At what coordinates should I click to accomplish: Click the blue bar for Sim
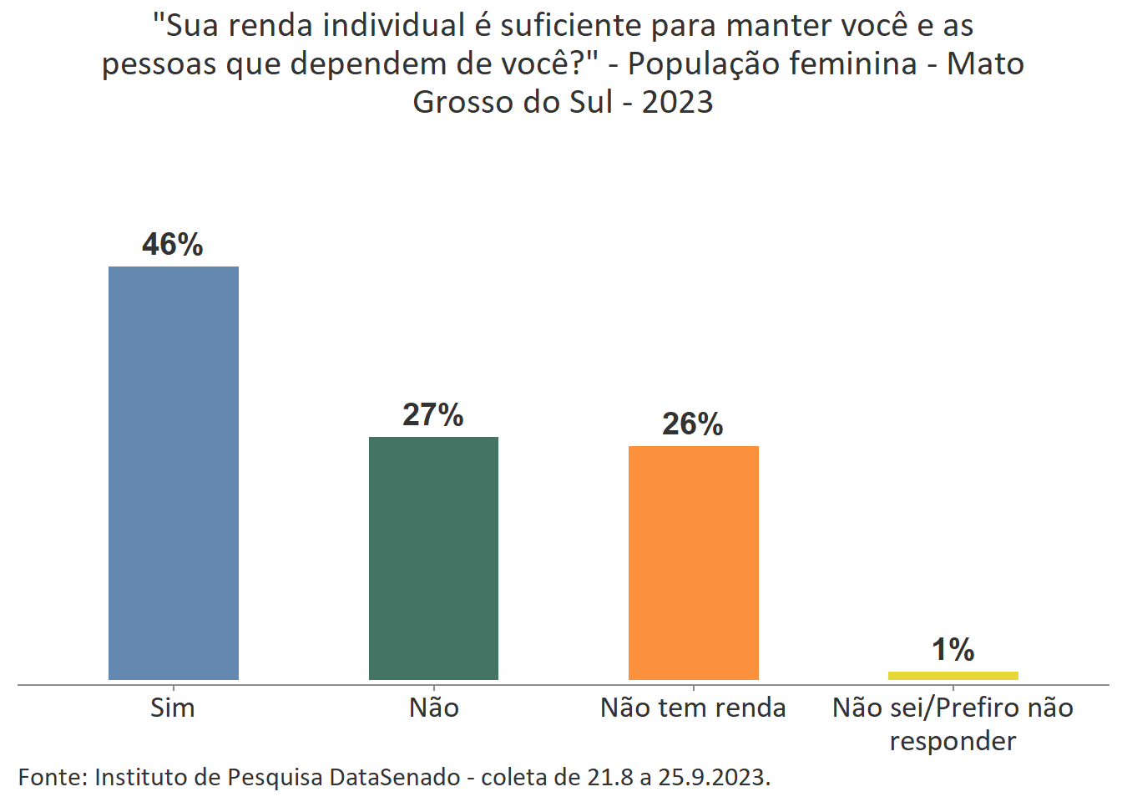[x=174, y=473]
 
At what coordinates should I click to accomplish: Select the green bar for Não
[x=433, y=558]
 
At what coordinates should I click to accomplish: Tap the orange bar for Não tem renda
[x=693, y=562]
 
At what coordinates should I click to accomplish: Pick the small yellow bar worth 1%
[x=953, y=675]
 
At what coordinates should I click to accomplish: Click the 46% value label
[x=173, y=245]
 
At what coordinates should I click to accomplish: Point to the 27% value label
[x=433, y=415]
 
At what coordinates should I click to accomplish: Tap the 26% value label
[x=693, y=424]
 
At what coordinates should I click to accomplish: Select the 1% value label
[x=953, y=650]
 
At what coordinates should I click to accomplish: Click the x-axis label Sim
[x=173, y=708]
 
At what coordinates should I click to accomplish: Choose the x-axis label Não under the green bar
[x=433, y=708]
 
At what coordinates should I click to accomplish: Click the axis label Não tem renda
[x=693, y=708]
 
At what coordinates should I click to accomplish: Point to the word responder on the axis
[x=953, y=742]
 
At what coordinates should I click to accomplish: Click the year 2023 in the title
[x=678, y=103]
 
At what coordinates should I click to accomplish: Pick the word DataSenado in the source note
[x=395, y=778]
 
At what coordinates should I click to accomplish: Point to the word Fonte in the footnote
[x=52, y=778]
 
